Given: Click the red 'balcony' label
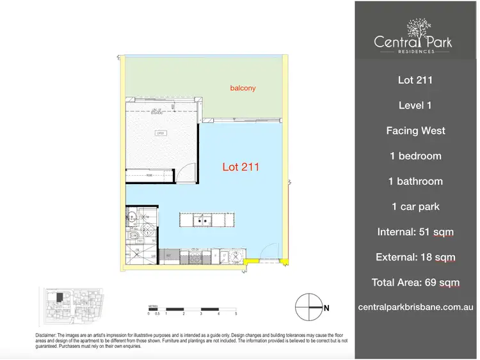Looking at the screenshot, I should pos(243,88).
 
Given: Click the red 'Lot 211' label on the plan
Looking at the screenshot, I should pos(241,168).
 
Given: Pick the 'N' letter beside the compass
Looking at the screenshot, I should pos(326,308).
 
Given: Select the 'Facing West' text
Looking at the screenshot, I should pos(415,131).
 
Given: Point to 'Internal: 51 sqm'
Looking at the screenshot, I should pos(415,232).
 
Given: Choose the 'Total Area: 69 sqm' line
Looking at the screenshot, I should pos(415,283).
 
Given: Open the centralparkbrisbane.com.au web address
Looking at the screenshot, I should pos(415,308).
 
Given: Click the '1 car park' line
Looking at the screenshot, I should pos(415,207).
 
